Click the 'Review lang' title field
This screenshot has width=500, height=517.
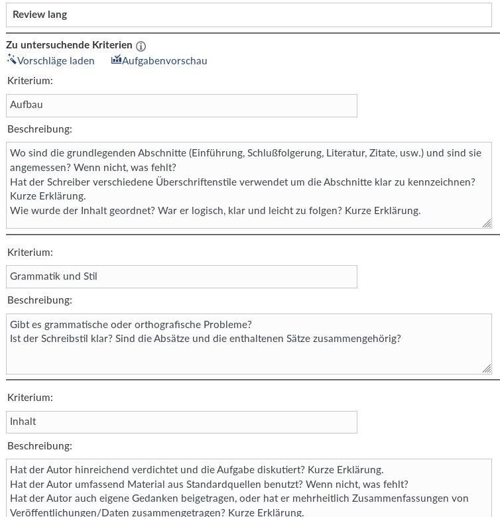(249, 15)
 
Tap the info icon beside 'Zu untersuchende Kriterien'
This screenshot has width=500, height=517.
(141, 46)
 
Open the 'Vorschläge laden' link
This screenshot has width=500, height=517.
(56, 61)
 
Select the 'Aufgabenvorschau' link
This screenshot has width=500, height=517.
(164, 61)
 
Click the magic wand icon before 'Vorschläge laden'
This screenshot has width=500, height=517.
(11, 60)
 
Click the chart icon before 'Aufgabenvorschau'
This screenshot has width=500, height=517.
(116, 60)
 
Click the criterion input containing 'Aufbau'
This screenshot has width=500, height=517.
(181, 105)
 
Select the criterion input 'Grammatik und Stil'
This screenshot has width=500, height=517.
(181, 277)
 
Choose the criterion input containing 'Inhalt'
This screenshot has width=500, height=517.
(181, 422)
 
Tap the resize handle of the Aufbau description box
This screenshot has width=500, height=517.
(487, 223)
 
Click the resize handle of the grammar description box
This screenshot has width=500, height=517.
(487, 369)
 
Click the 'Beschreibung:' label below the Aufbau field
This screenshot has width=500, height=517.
(40, 129)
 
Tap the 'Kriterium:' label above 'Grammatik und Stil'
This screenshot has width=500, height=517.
(30, 253)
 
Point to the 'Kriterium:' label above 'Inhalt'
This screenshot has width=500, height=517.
(30, 398)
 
